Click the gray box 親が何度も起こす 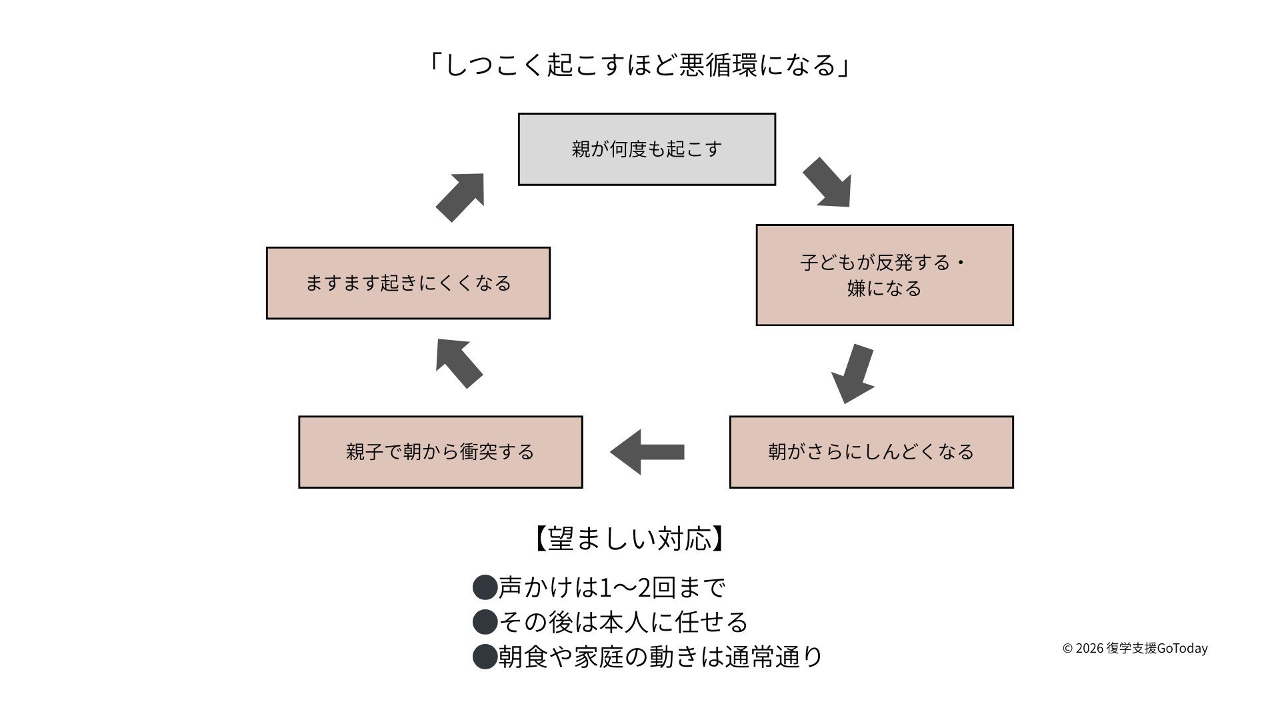647,149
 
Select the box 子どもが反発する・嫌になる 884,275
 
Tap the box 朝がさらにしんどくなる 871,452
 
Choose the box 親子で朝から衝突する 440,452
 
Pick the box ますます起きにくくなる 408,283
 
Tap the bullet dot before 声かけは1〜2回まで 485,587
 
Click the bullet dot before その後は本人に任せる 485,622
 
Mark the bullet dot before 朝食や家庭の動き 485,657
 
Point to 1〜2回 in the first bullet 637,587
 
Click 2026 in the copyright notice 1089,648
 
